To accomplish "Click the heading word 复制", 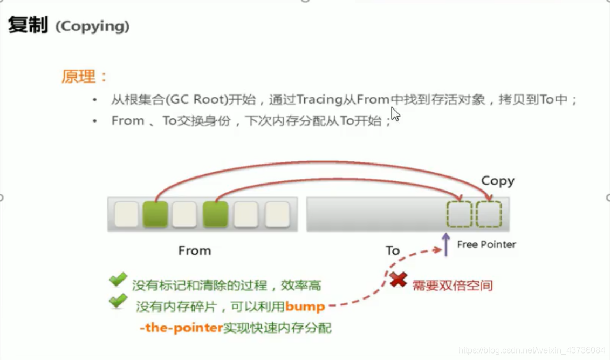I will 28,25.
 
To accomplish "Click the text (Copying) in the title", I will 92,26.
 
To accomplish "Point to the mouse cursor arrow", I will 395,114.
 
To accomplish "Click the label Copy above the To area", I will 497,181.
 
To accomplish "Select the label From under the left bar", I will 194,250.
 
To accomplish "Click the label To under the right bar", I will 392,250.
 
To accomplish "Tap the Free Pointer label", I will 486,244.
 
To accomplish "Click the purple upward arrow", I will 445,244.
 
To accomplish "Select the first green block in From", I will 155,214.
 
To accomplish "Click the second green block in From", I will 216,214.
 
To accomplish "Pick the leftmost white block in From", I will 126,214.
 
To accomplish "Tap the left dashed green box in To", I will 459,214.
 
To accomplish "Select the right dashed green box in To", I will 489,214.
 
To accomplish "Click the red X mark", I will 399,280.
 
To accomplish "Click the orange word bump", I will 305,307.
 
